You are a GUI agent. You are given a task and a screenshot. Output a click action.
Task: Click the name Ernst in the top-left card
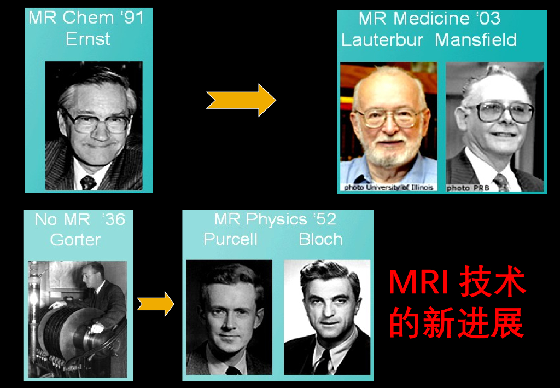[88, 39]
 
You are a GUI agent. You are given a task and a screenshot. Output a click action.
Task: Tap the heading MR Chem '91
[86, 18]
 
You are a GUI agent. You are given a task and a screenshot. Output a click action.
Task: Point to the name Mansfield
[476, 40]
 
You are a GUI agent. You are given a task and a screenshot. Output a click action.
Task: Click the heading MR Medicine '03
[430, 19]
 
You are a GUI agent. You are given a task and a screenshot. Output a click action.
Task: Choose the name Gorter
[75, 240]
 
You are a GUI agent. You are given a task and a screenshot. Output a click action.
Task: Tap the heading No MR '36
[80, 220]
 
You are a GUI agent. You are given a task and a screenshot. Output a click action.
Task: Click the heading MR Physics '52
[275, 219]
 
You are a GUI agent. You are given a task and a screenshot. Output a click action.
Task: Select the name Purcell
[230, 239]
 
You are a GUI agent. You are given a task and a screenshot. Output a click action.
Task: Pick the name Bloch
[320, 239]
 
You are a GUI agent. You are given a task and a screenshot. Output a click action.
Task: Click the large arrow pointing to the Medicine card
[241, 100]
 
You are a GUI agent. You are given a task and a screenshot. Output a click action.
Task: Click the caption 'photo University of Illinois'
[389, 187]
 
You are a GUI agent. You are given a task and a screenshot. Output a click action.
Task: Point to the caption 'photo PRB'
[468, 188]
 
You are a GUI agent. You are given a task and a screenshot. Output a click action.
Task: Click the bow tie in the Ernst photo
[88, 182]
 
